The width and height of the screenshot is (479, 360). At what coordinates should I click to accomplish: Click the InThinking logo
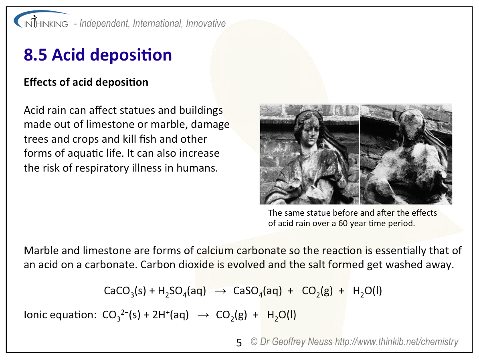coord(41,20)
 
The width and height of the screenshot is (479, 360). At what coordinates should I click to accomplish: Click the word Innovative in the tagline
coord(206,24)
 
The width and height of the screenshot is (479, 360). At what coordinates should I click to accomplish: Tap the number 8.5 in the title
coord(35,55)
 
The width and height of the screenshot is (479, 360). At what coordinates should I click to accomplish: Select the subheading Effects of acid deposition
coord(86,82)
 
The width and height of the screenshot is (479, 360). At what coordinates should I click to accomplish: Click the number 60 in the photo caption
coord(343,223)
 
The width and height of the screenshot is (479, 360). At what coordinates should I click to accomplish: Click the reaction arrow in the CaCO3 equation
coord(220,291)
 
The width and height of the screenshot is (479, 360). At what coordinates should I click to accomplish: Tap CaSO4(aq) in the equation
coord(257,291)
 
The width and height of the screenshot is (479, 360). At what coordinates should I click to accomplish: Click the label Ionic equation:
coord(61,315)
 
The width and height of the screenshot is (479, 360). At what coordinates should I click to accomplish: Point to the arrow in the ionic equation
coord(203,316)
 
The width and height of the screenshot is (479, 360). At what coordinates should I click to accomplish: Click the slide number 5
coord(239,343)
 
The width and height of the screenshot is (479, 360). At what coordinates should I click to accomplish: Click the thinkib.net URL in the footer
coord(396,342)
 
